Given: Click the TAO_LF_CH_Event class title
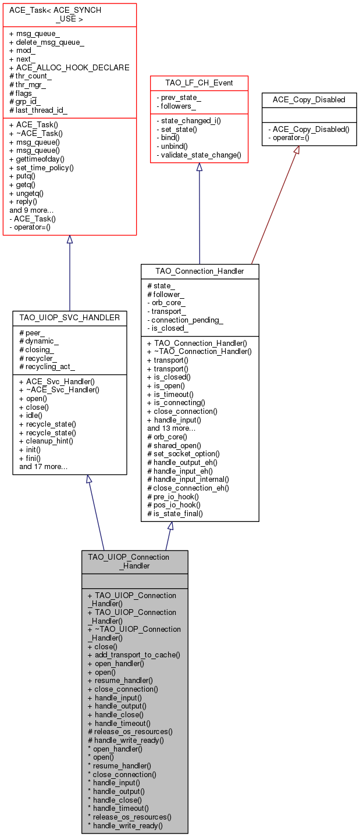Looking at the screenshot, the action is click(199, 83).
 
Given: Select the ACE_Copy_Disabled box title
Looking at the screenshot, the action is click(309, 100).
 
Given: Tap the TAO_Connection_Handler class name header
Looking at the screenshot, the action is click(199, 271).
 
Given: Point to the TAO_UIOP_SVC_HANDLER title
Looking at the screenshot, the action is click(70, 317).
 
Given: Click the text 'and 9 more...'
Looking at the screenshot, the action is click(31, 210).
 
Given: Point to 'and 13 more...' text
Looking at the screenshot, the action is click(171, 428).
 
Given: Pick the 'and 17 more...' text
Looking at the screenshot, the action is click(44, 467).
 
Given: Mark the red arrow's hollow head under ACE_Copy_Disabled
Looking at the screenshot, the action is click(297, 150).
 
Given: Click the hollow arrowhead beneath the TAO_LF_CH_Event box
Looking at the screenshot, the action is click(199, 167).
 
